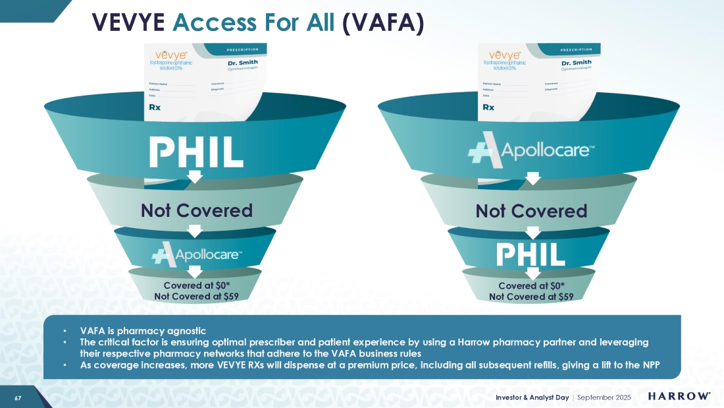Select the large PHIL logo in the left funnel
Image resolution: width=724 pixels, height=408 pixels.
tap(196, 152)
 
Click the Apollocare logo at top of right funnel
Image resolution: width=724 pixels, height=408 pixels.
tap(531, 152)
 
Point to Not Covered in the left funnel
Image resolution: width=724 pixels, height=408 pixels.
tap(196, 210)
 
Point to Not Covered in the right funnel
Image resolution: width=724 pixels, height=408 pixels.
tap(530, 211)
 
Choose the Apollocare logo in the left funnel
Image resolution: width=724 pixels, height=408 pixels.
tap(196, 252)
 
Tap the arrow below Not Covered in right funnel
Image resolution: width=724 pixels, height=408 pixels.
tap(530, 232)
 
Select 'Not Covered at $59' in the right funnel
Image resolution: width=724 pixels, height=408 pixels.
tap(531, 297)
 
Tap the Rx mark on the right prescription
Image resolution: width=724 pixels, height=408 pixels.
tap(488, 106)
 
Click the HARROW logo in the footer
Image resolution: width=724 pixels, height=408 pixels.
tap(679, 396)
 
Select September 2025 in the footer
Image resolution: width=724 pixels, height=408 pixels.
tap(604, 397)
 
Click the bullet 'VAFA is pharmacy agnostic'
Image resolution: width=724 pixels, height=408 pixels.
tap(143, 331)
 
